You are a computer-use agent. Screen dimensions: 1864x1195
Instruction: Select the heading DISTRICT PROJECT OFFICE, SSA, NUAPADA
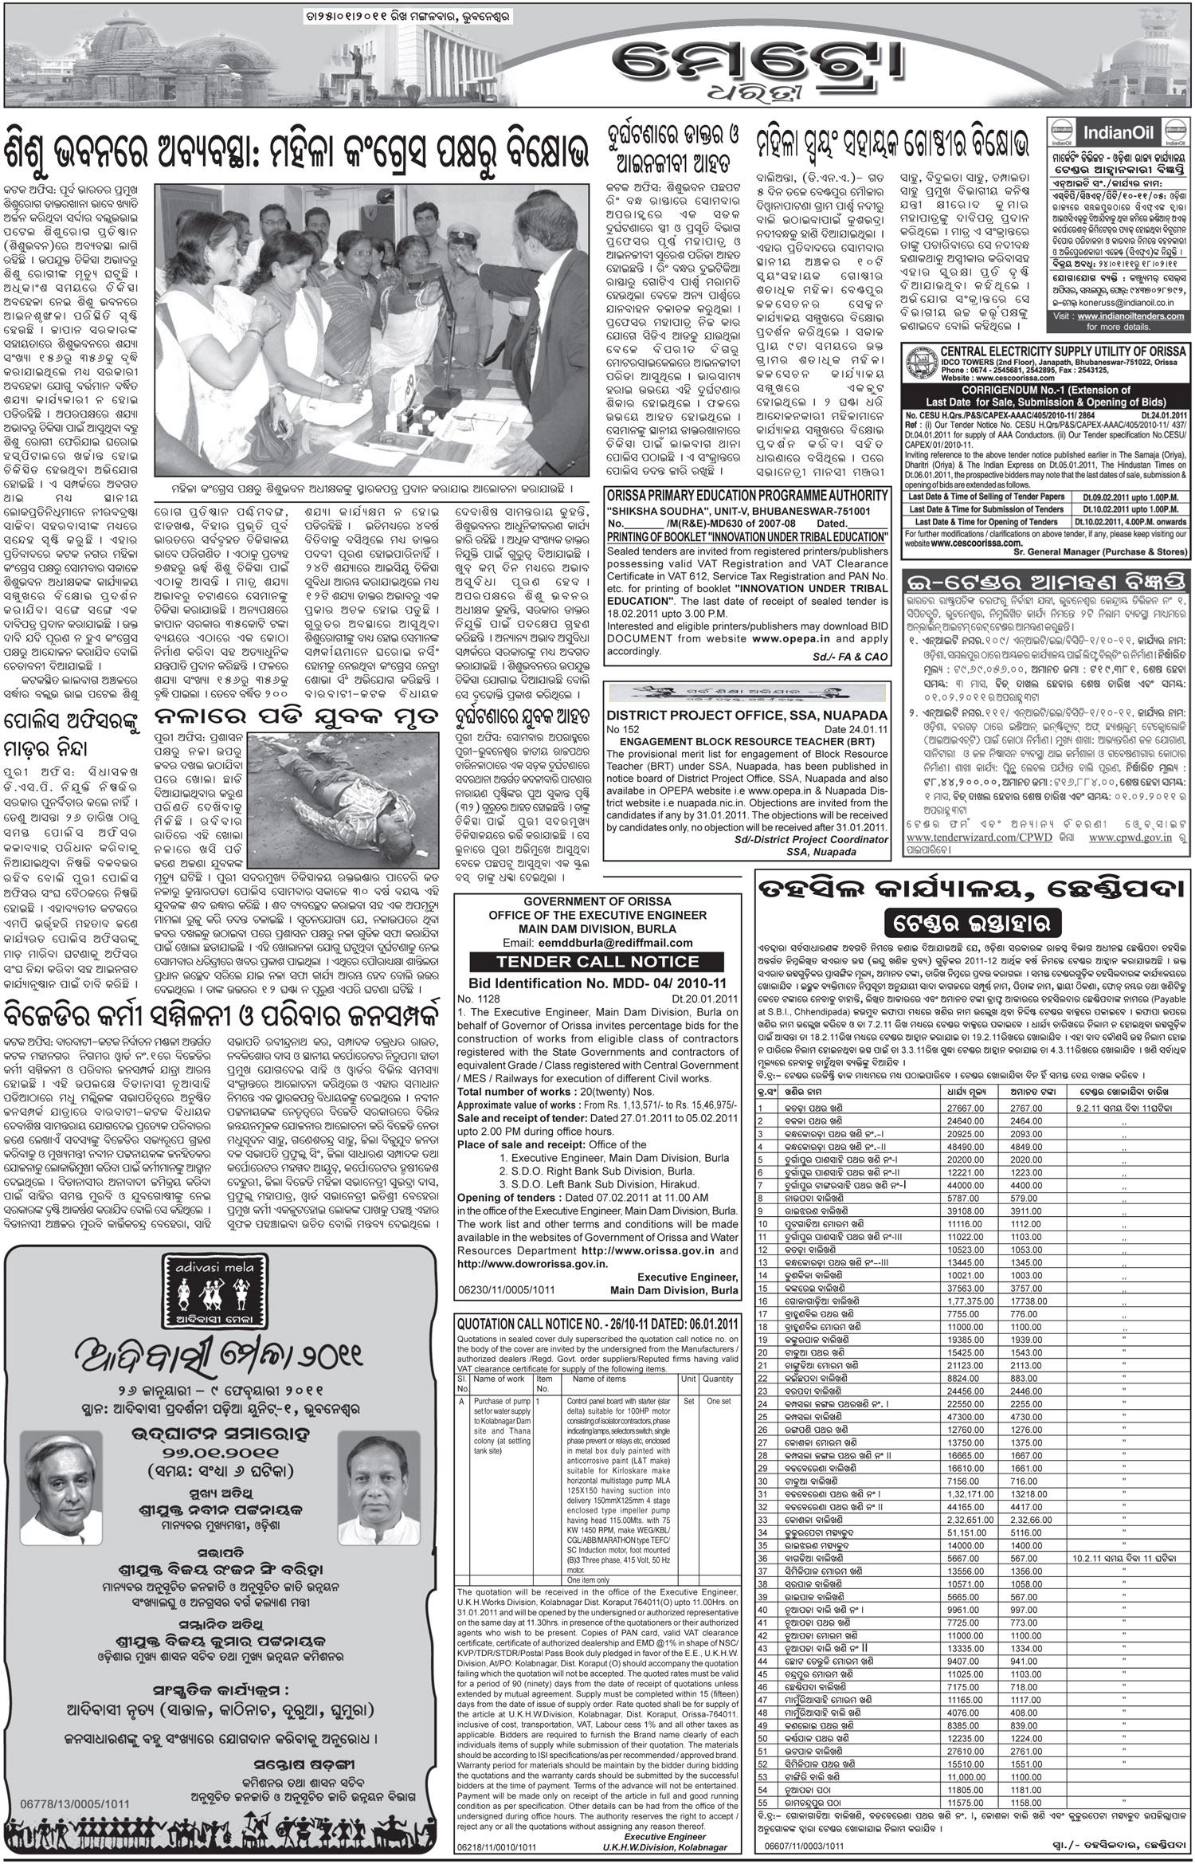pos(746,715)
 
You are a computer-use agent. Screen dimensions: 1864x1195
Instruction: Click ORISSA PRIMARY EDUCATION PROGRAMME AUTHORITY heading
pos(746,496)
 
